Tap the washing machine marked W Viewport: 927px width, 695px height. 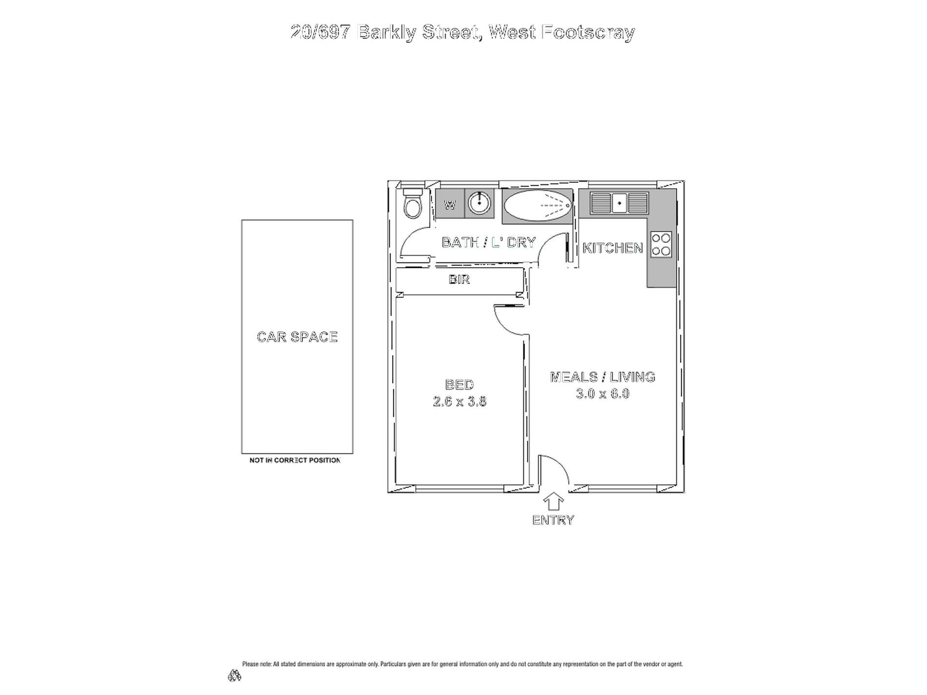(x=450, y=203)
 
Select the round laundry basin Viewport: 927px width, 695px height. (x=479, y=203)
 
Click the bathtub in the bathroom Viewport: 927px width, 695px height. (x=537, y=206)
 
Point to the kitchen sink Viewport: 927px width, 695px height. (x=619, y=203)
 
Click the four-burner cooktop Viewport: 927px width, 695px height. (x=661, y=245)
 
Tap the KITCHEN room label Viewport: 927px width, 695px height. (x=613, y=248)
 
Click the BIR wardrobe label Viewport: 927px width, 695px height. (x=459, y=279)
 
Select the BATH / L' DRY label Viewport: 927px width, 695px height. (x=488, y=242)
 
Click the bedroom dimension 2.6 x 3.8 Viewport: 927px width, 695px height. (x=460, y=401)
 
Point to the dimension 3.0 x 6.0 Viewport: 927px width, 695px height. (x=603, y=394)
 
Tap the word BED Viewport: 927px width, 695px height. (x=460, y=385)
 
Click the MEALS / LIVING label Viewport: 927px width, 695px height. (x=603, y=377)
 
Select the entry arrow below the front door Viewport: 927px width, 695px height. (x=553, y=501)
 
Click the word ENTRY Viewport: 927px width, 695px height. (x=553, y=520)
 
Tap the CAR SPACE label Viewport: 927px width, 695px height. (x=297, y=337)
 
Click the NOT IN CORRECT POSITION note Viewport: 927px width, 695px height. (x=295, y=460)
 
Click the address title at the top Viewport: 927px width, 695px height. (x=463, y=33)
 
